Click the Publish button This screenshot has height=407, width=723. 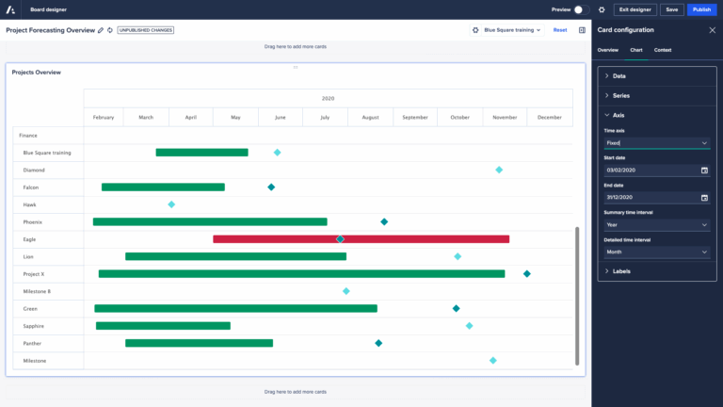point(700,9)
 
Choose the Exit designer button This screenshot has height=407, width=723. point(635,9)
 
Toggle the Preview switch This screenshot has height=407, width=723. point(581,9)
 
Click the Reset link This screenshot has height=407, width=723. point(560,30)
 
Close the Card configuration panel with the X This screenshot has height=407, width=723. point(712,30)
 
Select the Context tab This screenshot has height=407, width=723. point(663,49)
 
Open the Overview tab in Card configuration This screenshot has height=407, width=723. point(608,49)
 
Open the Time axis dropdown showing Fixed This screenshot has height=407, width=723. point(656,143)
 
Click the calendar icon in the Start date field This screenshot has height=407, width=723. point(704,171)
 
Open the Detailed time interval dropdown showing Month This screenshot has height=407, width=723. point(656,252)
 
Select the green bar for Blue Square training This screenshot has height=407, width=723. point(201,152)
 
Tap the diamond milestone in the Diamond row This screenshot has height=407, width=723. point(499,170)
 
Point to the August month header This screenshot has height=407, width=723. point(370,118)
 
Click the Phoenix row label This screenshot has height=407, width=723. point(32,222)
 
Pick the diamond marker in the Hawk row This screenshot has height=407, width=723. point(171,204)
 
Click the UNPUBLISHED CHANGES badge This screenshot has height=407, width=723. point(145,30)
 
